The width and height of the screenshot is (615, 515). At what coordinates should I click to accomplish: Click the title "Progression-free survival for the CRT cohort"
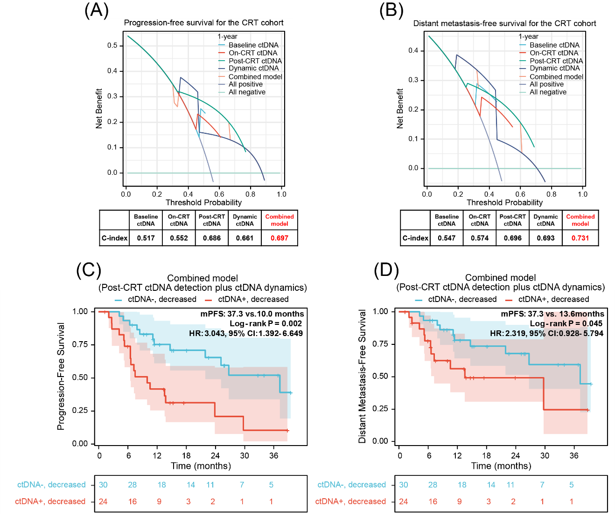point(203,23)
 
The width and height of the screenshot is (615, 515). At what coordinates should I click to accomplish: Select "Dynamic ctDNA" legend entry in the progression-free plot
point(253,68)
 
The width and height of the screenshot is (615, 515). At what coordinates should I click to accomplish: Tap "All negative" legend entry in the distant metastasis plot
point(548,92)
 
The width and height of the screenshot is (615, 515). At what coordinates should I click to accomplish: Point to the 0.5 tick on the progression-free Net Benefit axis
point(112,46)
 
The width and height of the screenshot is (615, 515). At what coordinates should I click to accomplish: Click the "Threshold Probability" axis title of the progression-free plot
point(203,202)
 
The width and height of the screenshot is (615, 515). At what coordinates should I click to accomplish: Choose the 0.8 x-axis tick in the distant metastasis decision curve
point(551,194)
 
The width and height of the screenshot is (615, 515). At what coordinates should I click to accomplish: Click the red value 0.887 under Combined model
point(280,238)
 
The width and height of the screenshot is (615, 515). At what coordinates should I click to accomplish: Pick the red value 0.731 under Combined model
point(580,238)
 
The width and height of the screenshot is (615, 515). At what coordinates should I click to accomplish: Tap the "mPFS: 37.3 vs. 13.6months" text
point(552,314)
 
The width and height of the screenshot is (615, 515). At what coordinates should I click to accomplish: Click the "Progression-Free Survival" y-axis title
point(61,376)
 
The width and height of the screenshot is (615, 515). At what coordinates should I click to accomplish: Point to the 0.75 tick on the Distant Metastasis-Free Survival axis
point(380,344)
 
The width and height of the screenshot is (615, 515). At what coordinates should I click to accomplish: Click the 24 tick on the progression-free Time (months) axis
point(215,456)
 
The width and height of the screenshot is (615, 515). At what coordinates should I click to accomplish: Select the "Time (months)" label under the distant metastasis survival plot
point(501,466)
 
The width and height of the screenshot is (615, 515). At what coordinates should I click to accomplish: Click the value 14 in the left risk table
point(191,485)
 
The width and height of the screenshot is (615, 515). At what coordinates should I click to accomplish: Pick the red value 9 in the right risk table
point(460,502)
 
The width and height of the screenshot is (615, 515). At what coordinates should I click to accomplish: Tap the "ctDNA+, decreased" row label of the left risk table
point(50,502)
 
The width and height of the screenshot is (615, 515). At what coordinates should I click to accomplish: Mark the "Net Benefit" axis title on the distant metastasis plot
point(400,109)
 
